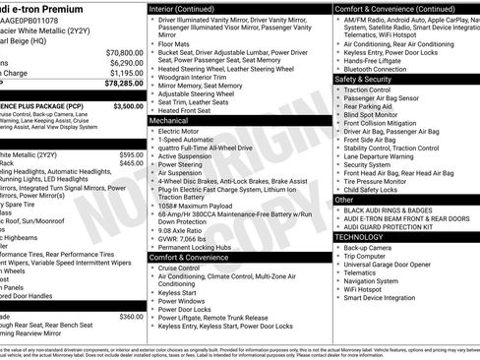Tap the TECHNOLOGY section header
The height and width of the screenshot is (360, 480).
pos(360,237)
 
